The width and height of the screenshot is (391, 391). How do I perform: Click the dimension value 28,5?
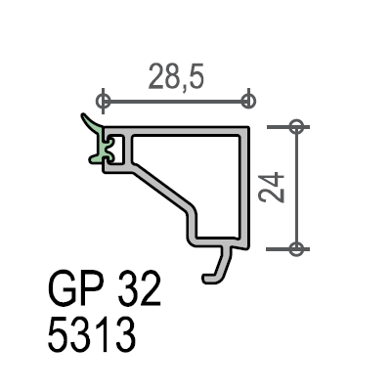pyautogui.click(x=176, y=77)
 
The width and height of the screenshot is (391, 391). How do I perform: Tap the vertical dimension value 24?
pyautogui.click(x=271, y=187)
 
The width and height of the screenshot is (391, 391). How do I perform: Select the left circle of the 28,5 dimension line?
pyautogui.click(x=103, y=101)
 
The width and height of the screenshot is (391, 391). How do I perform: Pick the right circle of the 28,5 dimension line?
pyautogui.click(x=248, y=101)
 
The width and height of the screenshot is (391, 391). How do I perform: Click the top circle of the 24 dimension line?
pyautogui.click(x=296, y=126)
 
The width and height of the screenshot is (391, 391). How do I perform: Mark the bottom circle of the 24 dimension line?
pyautogui.click(x=296, y=249)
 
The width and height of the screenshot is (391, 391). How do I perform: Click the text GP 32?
pyautogui.click(x=105, y=288)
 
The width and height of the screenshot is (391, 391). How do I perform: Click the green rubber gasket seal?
pyautogui.click(x=100, y=144)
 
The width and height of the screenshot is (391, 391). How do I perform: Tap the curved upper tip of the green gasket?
pyautogui.click(x=83, y=115)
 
